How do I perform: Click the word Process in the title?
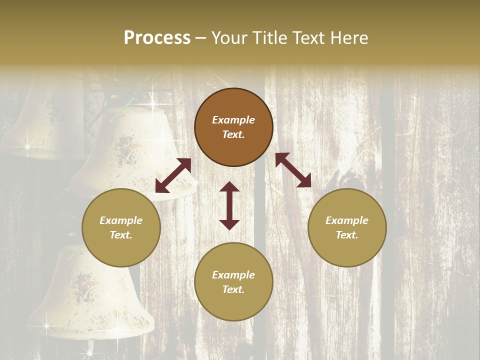coord(157,38)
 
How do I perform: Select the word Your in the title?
coord(229,38)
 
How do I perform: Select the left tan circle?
coord(121,227)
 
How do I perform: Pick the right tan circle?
coord(347,227)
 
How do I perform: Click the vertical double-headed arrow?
coord(229,205)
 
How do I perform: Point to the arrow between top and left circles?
coord(173,175)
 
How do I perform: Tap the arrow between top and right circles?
coord(293,170)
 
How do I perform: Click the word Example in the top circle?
coord(233,120)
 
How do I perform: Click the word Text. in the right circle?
coord(347,235)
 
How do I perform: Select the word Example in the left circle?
coord(121,220)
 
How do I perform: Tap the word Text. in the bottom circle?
coord(233,289)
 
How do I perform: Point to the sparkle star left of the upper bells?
coord(27,147)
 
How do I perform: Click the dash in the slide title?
coord(201,38)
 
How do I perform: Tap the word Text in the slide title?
coord(306,38)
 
